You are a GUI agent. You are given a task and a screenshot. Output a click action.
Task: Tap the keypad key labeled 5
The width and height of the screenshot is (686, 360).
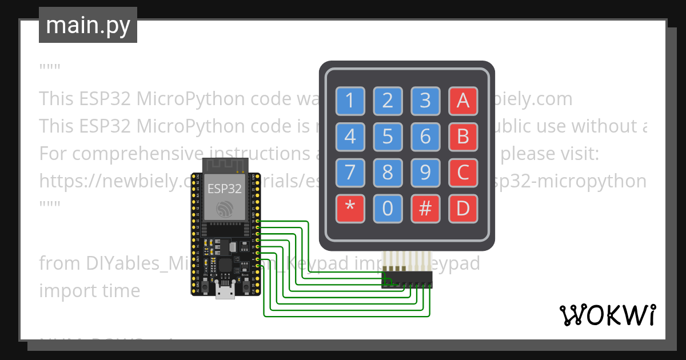(x=388, y=137)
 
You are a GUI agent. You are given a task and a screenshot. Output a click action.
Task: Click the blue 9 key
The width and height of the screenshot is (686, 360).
(x=425, y=172)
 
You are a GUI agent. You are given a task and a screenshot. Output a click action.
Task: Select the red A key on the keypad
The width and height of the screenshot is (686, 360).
(x=462, y=101)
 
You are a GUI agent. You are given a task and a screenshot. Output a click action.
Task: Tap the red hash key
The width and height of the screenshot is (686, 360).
(x=425, y=208)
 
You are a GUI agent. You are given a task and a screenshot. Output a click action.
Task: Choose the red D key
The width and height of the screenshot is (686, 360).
(x=462, y=208)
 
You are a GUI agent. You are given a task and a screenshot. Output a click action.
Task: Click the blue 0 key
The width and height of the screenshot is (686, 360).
(x=388, y=208)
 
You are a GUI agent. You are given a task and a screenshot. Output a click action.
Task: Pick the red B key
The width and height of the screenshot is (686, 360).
(x=462, y=137)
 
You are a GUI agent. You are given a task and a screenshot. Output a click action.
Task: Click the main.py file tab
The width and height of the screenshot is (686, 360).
(x=88, y=25)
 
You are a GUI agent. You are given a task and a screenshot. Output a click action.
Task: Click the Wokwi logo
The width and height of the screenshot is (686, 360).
(x=607, y=315)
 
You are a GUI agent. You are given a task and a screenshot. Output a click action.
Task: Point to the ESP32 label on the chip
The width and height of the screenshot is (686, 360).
(x=224, y=188)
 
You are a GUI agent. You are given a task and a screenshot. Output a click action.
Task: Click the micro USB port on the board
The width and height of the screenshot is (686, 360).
(x=225, y=292)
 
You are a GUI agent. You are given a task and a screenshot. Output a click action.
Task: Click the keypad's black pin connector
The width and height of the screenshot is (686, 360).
(x=407, y=280)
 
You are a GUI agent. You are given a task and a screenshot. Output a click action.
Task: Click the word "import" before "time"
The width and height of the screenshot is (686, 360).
(x=62, y=290)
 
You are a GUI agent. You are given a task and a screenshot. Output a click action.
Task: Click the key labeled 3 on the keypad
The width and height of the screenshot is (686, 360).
(x=425, y=101)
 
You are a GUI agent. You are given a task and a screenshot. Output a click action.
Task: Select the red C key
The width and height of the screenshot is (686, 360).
(x=462, y=172)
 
